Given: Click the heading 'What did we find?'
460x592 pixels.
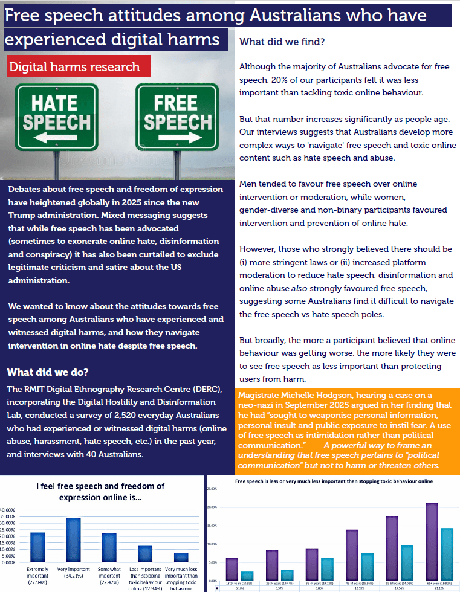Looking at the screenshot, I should point(282,42).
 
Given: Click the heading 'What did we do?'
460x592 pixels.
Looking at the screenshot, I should point(48,372).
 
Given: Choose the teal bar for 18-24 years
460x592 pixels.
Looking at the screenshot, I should point(247,575).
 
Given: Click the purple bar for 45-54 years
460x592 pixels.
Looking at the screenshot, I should point(352,554).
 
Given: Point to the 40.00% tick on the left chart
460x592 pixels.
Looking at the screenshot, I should point(8,510).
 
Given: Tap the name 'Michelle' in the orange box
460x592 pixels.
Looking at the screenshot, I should point(300,395).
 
